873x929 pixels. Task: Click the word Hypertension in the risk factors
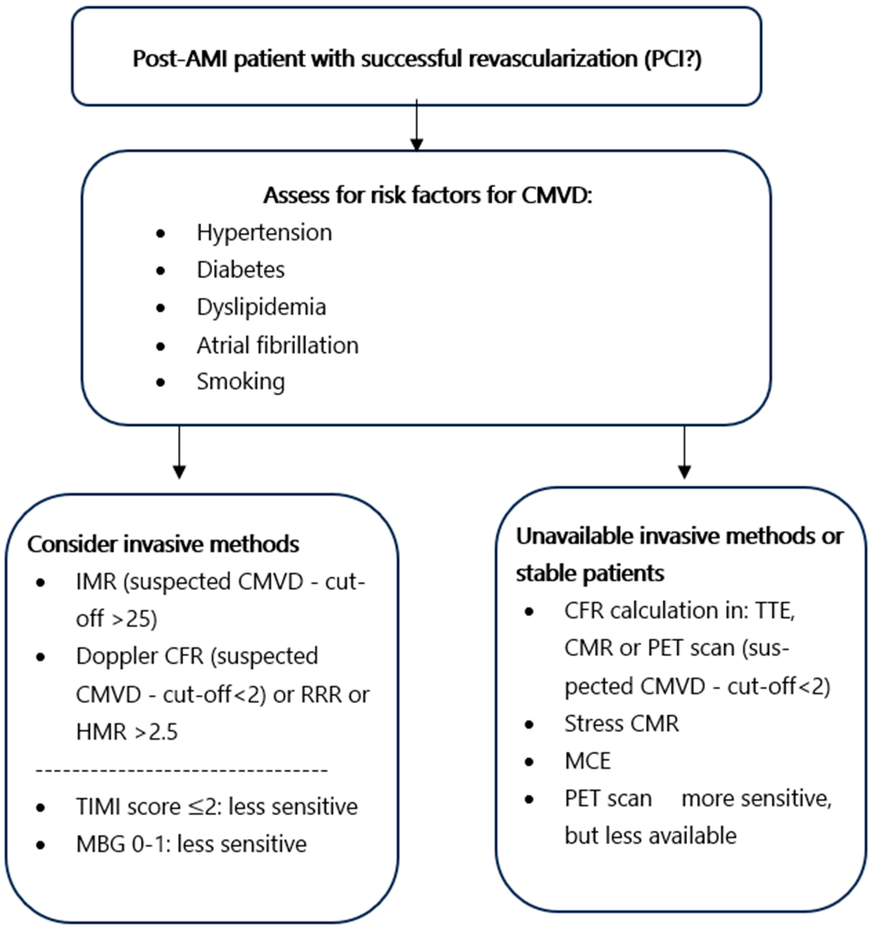tap(264, 232)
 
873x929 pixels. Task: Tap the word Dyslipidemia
tap(261, 307)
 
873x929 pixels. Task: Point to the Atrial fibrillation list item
tap(278, 345)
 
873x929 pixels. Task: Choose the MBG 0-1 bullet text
tap(191, 844)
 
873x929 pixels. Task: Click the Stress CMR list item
tap(622, 723)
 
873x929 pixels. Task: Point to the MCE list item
tap(588, 761)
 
